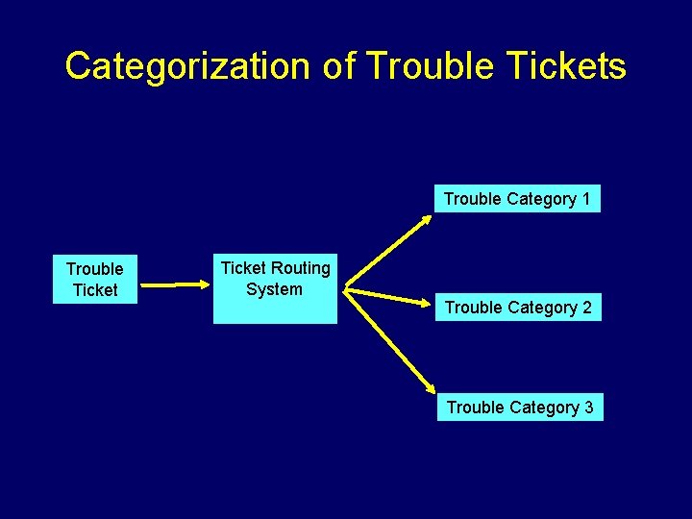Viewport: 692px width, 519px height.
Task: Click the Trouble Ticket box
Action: [94, 279]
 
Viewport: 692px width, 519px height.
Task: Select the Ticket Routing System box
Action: [275, 287]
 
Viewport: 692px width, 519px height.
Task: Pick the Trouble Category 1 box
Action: [517, 199]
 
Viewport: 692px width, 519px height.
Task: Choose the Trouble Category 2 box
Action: [518, 308]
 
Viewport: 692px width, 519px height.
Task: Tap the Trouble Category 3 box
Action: [520, 408]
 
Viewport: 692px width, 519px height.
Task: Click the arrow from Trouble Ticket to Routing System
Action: [178, 284]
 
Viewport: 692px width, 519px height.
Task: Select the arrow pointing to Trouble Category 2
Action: [389, 296]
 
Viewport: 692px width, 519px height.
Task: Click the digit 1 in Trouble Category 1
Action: [585, 199]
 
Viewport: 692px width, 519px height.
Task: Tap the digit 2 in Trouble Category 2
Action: [586, 308]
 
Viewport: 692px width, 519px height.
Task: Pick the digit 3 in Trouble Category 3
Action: [588, 408]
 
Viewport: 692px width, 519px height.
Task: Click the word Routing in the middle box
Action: [300, 268]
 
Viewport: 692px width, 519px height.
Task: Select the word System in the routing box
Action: [274, 289]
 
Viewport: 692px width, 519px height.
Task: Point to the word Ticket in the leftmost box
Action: [95, 290]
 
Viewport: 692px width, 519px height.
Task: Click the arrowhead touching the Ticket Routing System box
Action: [205, 284]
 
